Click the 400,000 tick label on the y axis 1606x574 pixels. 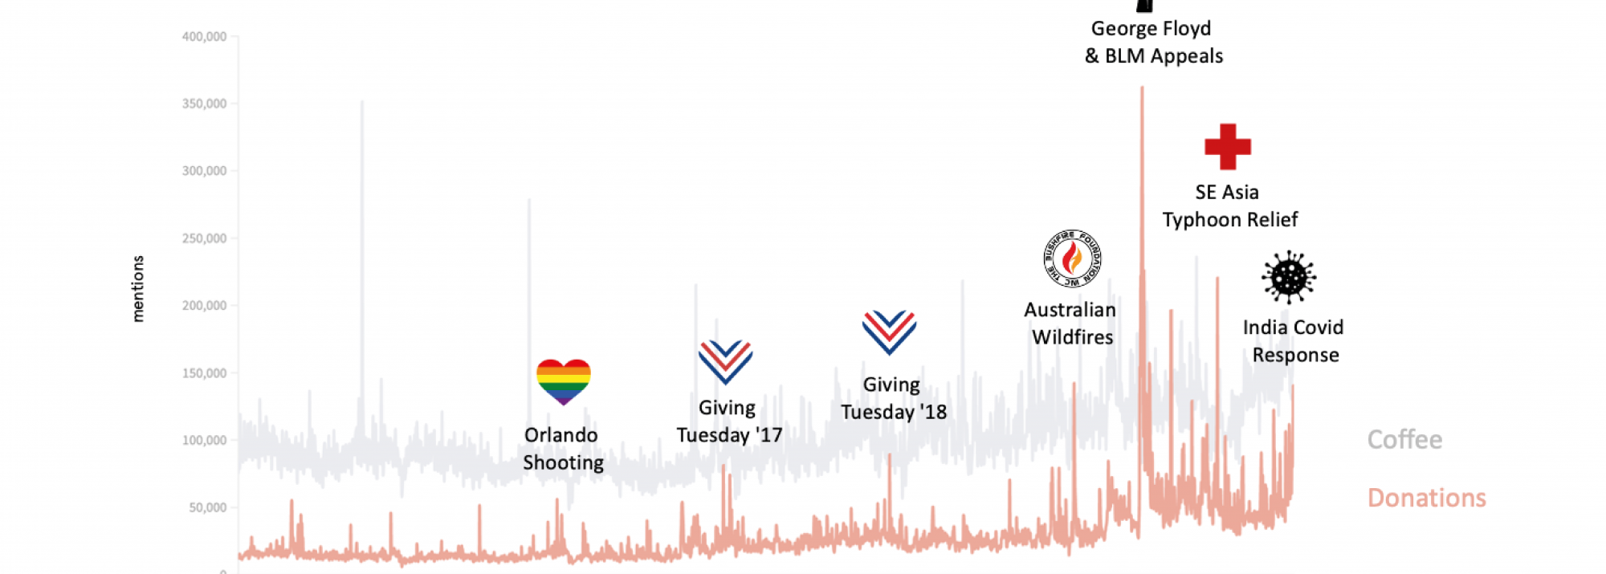pyautogui.click(x=204, y=37)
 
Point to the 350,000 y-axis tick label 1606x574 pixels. pyautogui.click(x=204, y=104)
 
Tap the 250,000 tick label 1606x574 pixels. pyautogui.click(x=204, y=238)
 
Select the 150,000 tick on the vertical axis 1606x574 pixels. pyautogui.click(x=204, y=373)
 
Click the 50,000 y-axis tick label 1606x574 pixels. pyautogui.click(x=207, y=507)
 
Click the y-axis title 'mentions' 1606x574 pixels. pyautogui.click(x=138, y=289)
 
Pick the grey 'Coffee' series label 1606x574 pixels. pyautogui.click(x=1404, y=439)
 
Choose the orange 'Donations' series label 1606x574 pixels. pyautogui.click(x=1426, y=498)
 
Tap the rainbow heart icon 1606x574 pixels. pyautogui.click(x=563, y=381)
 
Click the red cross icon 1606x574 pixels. pyautogui.click(x=1227, y=147)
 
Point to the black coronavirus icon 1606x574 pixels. pyautogui.click(x=1288, y=277)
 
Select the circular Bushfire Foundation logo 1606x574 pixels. pyautogui.click(x=1072, y=259)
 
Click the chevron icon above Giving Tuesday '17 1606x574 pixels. pyautogui.click(x=725, y=361)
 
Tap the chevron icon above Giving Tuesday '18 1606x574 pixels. pyautogui.click(x=889, y=332)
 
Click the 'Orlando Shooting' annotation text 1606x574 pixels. pyautogui.click(x=563, y=449)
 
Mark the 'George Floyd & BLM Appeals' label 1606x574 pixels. pyautogui.click(x=1153, y=43)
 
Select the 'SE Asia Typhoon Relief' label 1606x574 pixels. pyautogui.click(x=1229, y=206)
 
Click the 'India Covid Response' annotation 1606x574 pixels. pyautogui.click(x=1294, y=341)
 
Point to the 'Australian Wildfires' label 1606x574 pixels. pyautogui.click(x=1071, y=324)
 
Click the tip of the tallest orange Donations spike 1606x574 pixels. pyautogui.click(x=1142, y=88)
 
